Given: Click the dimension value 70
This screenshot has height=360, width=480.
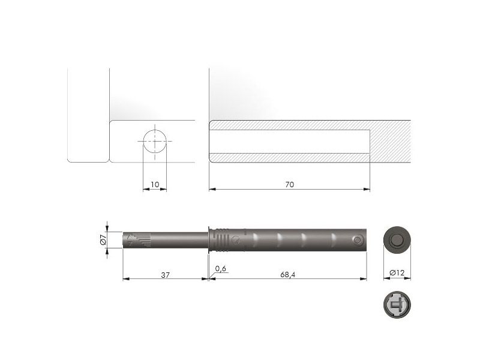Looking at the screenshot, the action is click(x=289, y=185).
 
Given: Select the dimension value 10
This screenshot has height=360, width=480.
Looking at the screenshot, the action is click(x=155, y=185).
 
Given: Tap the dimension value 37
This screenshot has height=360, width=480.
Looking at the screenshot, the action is click(x=166, y=275).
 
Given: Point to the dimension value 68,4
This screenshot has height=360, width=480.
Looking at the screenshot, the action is click(x=288, y=275).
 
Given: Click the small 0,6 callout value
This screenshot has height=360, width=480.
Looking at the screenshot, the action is click(x=220, y=268).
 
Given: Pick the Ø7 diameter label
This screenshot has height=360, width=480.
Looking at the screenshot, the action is click(x=103, y=239).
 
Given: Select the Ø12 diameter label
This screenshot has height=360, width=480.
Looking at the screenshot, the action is click(x=397, y=272).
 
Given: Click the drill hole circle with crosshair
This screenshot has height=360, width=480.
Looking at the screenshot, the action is click(x=155, y=142).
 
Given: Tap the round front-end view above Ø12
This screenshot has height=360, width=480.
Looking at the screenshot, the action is click(x=397, y=239).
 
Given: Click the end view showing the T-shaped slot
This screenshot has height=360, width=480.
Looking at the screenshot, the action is click(x=397, y=305).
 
